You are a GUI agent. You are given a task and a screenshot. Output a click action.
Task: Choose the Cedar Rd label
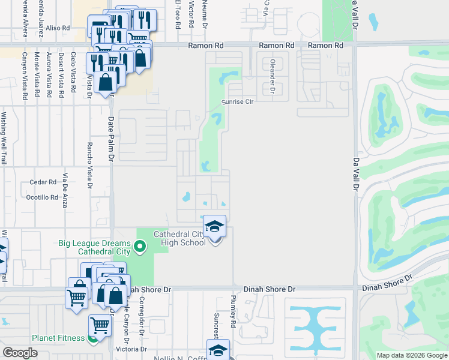[x=43, y=182]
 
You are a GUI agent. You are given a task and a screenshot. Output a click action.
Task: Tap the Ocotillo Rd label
[x=41, y=196]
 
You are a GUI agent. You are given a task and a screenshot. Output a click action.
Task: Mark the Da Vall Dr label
[x=355, y=174]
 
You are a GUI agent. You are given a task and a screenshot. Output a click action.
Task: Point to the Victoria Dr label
[x=132, y=349]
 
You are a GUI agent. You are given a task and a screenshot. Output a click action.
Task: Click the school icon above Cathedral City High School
[x=215, y=226]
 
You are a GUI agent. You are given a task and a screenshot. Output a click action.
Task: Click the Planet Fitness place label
[x=58, y=338]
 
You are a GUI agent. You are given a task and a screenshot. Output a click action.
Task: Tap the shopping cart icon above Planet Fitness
[x=100, y=325]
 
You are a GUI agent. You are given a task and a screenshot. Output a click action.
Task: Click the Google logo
[x=20, y=352]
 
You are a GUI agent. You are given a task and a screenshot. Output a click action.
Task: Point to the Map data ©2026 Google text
[x=411, y=355]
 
